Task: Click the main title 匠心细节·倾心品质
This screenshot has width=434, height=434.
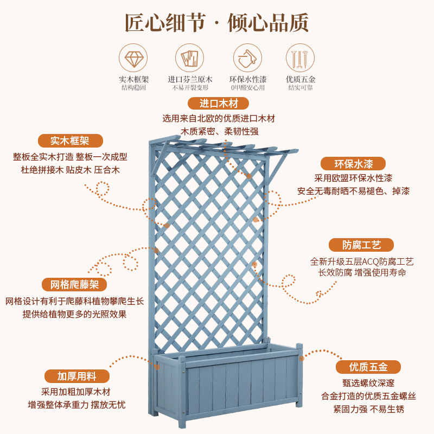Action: pos(216,23)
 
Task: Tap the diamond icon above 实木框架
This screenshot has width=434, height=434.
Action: pos(133,58)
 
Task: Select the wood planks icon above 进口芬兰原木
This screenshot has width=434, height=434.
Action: pos(189,58)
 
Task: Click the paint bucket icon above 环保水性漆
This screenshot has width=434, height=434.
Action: pos(247,58)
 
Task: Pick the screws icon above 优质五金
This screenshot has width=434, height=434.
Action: pos(301,58)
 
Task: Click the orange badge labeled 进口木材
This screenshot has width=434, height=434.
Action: pos(219,104)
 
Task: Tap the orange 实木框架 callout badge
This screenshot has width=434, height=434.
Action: pos(71,141)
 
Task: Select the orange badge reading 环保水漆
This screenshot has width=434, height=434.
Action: pos(353,164)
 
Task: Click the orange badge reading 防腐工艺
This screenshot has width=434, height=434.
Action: pos(361,245)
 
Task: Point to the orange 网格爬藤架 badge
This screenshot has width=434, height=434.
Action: pos(74,284)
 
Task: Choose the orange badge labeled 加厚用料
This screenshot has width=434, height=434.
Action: pos(77,376)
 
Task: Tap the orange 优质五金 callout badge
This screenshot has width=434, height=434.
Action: pos(368,367)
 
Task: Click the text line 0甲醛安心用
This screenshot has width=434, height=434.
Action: pos(248,88)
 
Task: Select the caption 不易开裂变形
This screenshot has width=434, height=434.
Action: pos(190,88)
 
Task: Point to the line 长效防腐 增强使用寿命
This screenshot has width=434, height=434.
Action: pos(362,273)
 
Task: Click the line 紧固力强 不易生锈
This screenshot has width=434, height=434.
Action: pos(368,409)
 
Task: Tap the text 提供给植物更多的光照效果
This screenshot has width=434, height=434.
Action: pos(75,314)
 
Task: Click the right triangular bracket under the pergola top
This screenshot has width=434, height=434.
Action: pos(277,167)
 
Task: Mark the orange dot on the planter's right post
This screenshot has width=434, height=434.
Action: pos(302,359)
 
